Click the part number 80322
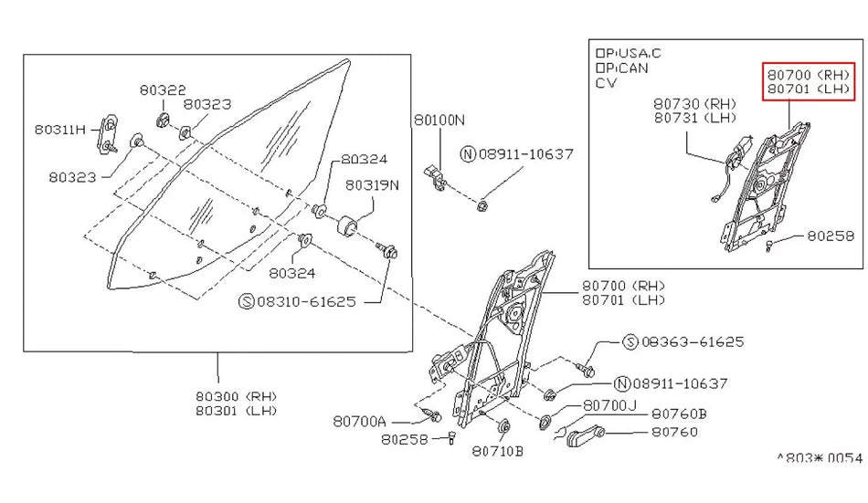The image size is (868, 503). pyautogui.click(x=163, y=90)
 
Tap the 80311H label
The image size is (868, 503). pyautogui.click(x=61, y=130)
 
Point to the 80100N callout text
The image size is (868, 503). pyautogui.click(x=439, y=120)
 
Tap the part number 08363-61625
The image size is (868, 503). pyautogui.click(x=693, y=341)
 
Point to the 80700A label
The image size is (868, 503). pyautogui.click(x=359, y=422)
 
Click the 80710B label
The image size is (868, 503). pyautogui.click(x=498, y=450)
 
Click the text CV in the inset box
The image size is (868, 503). pyautogui.click(x=606, y=82)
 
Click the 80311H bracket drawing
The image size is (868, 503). pyautogui.click(x=110, y=131)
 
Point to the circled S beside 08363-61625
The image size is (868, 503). pyautogui.click(x=630, y=341)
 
